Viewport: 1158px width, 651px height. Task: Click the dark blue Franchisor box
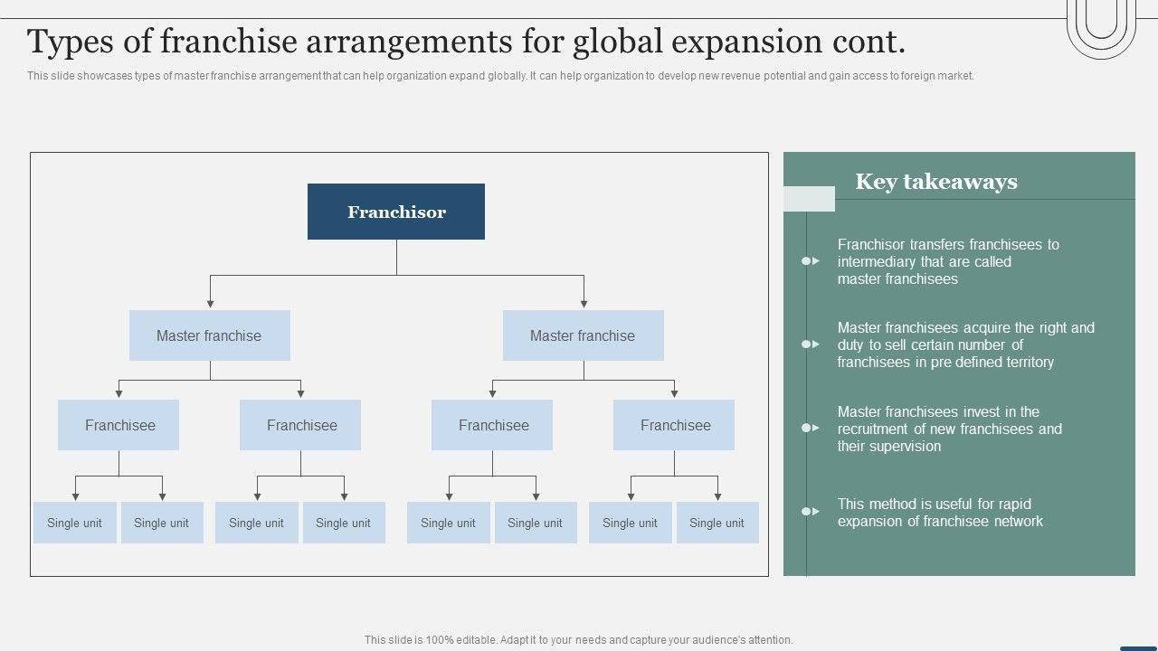tap(396, 212)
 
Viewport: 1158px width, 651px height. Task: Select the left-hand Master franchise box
tap(209, 335)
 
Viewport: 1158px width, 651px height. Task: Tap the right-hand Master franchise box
tap(583, 335)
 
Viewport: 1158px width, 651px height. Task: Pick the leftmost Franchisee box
tap(119, 425)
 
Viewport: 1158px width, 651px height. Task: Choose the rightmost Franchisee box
tap(674, 425)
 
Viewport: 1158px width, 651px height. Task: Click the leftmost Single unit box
tap(74, 523)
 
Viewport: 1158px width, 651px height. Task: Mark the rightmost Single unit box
tap(717, 523)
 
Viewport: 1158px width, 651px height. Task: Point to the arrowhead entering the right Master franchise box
tap(584, 304)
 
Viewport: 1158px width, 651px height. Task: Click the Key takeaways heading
tap(936, 182)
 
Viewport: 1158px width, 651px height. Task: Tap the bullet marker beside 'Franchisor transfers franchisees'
tap(810, 261)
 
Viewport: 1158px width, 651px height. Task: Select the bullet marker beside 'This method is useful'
tap(810, 512)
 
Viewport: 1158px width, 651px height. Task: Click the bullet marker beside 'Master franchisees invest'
tap(810, 428)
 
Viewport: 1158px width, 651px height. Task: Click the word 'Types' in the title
tap(71, 42)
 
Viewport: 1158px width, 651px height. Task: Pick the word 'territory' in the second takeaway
tap(1022, 363)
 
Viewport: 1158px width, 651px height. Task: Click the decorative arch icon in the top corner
tap(1101, 27)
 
